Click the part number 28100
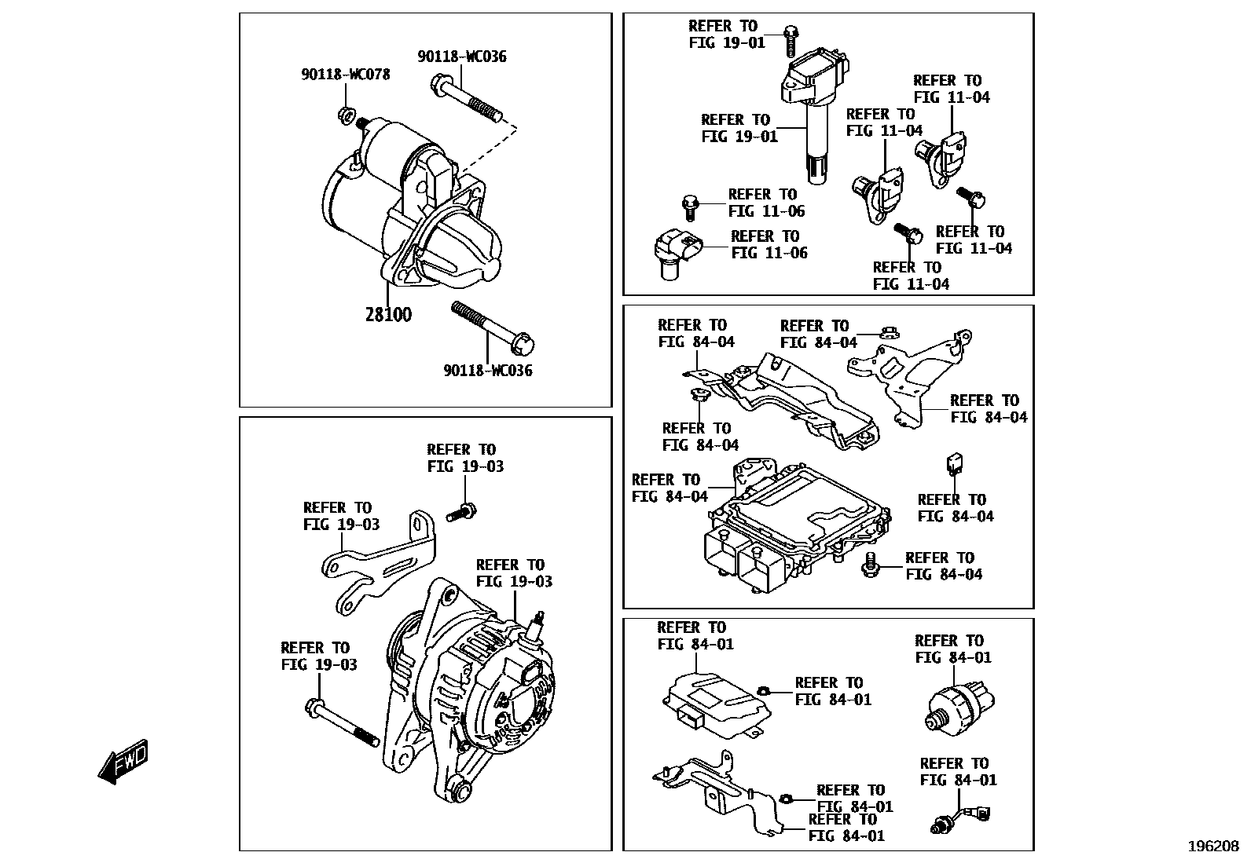pos(388,315)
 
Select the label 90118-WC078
pos(345,75)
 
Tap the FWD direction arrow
pos(123,761)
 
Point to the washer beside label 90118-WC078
pos(345,115)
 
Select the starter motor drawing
pos(409,212)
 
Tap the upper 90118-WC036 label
pos(462,57)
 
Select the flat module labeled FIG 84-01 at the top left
pos(715,703)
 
